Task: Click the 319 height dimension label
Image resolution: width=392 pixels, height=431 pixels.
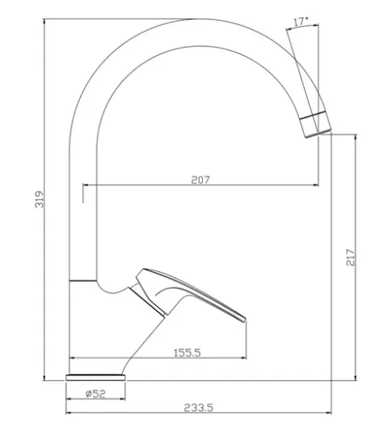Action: pos(40,199)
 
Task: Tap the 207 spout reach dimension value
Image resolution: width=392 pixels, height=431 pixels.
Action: pos(200,180)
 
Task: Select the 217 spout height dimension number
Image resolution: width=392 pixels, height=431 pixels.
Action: pos(351,257)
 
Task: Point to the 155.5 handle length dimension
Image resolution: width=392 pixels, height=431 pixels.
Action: pos(188,353)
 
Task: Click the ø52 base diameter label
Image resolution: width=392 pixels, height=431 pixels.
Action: pos(95,394)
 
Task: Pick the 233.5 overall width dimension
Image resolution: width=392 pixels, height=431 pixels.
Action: pos(199,408)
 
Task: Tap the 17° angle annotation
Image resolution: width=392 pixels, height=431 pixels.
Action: pos(301,22)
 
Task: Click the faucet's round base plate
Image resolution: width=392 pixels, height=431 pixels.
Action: pos(95,378)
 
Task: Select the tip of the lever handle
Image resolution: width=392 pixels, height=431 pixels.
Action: pos(245,319)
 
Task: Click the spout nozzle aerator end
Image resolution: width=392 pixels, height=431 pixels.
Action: pos(315,125)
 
